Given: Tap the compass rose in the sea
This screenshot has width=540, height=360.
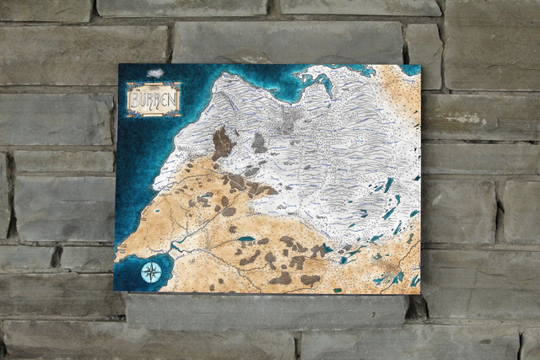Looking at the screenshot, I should (x=152, y=271).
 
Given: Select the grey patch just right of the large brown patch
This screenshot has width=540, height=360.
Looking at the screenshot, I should (x=259, y=143).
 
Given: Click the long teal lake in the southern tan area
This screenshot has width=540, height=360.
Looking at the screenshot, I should (x=246, y=239).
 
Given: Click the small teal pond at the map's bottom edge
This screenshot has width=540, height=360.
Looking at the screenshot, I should (x=337, y=290).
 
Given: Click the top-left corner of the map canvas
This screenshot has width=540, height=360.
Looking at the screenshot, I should (x=119, y=65).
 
